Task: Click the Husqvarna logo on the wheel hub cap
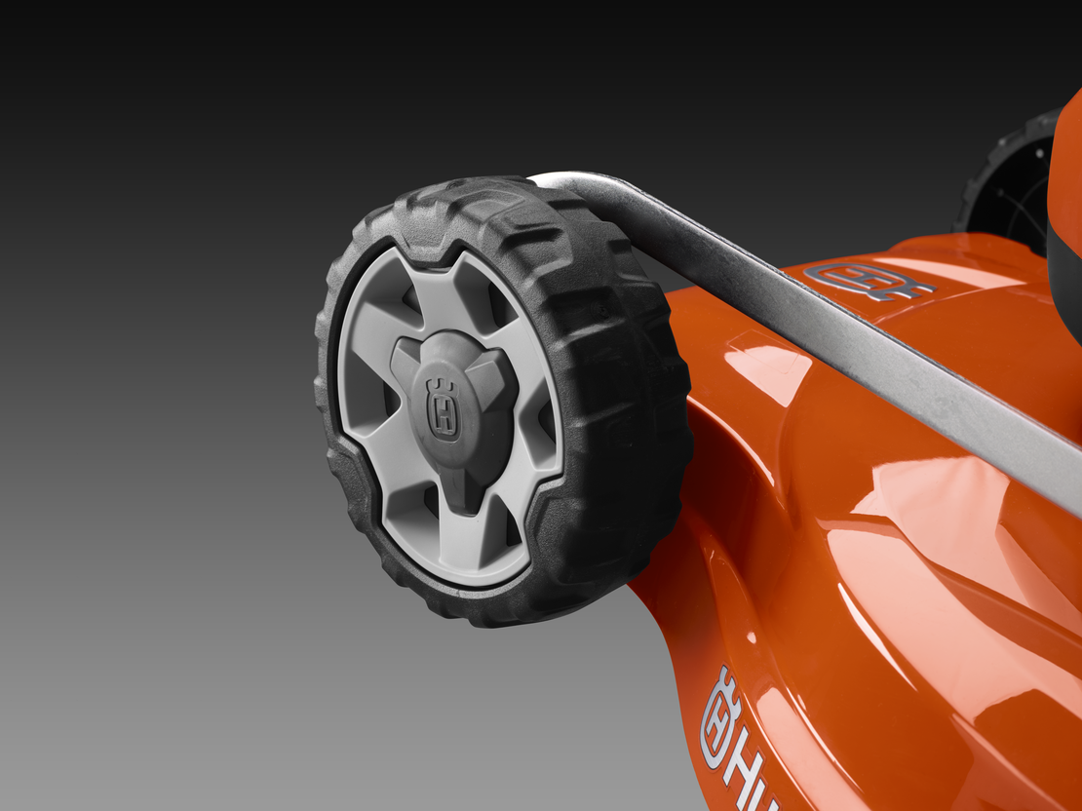444,409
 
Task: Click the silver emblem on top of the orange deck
867,281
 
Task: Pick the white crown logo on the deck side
719,716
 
